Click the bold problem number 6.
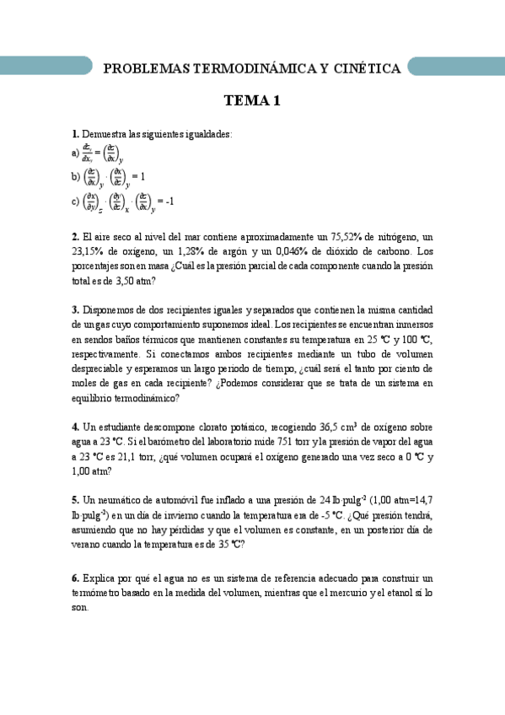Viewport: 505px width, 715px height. pyautogui.click(x=75, y=578)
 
